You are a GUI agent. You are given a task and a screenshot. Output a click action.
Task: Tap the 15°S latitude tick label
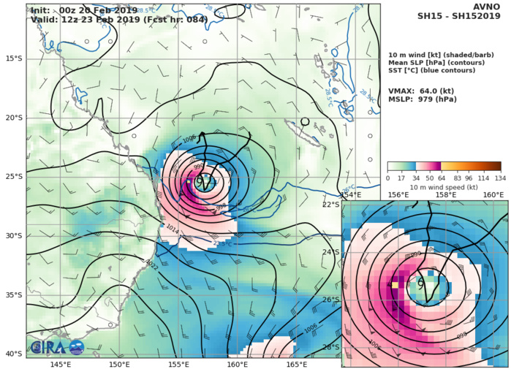pos(14,58)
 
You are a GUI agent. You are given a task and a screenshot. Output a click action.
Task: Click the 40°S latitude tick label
pos(14,354)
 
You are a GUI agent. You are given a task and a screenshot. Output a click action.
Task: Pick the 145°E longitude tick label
pos(61,364)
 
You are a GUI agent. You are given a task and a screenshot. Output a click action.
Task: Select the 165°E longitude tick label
pos(296,364)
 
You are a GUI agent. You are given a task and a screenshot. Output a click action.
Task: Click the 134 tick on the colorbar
pos(501,178)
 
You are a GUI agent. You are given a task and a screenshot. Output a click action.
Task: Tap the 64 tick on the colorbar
pos(442,178)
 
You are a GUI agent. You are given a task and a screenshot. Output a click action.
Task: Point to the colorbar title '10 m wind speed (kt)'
pos(444,188)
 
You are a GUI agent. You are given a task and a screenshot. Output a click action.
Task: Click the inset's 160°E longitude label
pos(493,195)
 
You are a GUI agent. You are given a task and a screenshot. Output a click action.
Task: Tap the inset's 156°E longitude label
pos(398,195)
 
